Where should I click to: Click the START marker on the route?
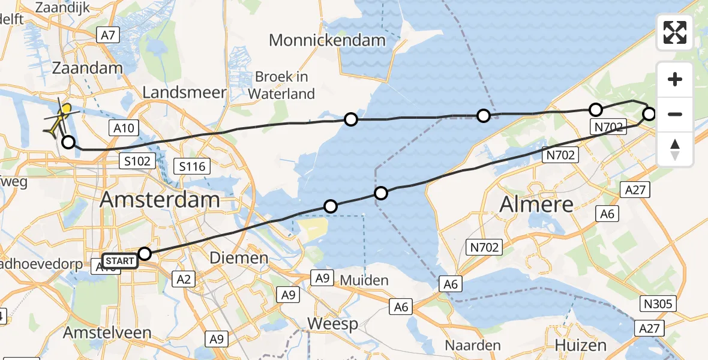pyautogui.click(x=121, y=261)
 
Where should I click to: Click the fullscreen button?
pyautogui.click(x=675, y=32)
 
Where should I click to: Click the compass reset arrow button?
pyautogui.click(x=675, y=149)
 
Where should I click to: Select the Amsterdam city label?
pyautogui.click(x=160, y=200)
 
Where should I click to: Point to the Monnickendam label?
pyautogui.click(x=327, y=40)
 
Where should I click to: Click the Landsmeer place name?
pyautogui.click(x=185, y=92)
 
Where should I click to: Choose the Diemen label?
pyautogui.click(x=239, y=258)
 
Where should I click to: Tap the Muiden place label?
pyautogui.click(x=364, y=280)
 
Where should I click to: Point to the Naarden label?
pyautogui.click(x=473, y=345)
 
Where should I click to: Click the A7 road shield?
pyautogui.click(x=108, y=35)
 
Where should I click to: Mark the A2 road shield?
pyautogui.click(x=184, y=278)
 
